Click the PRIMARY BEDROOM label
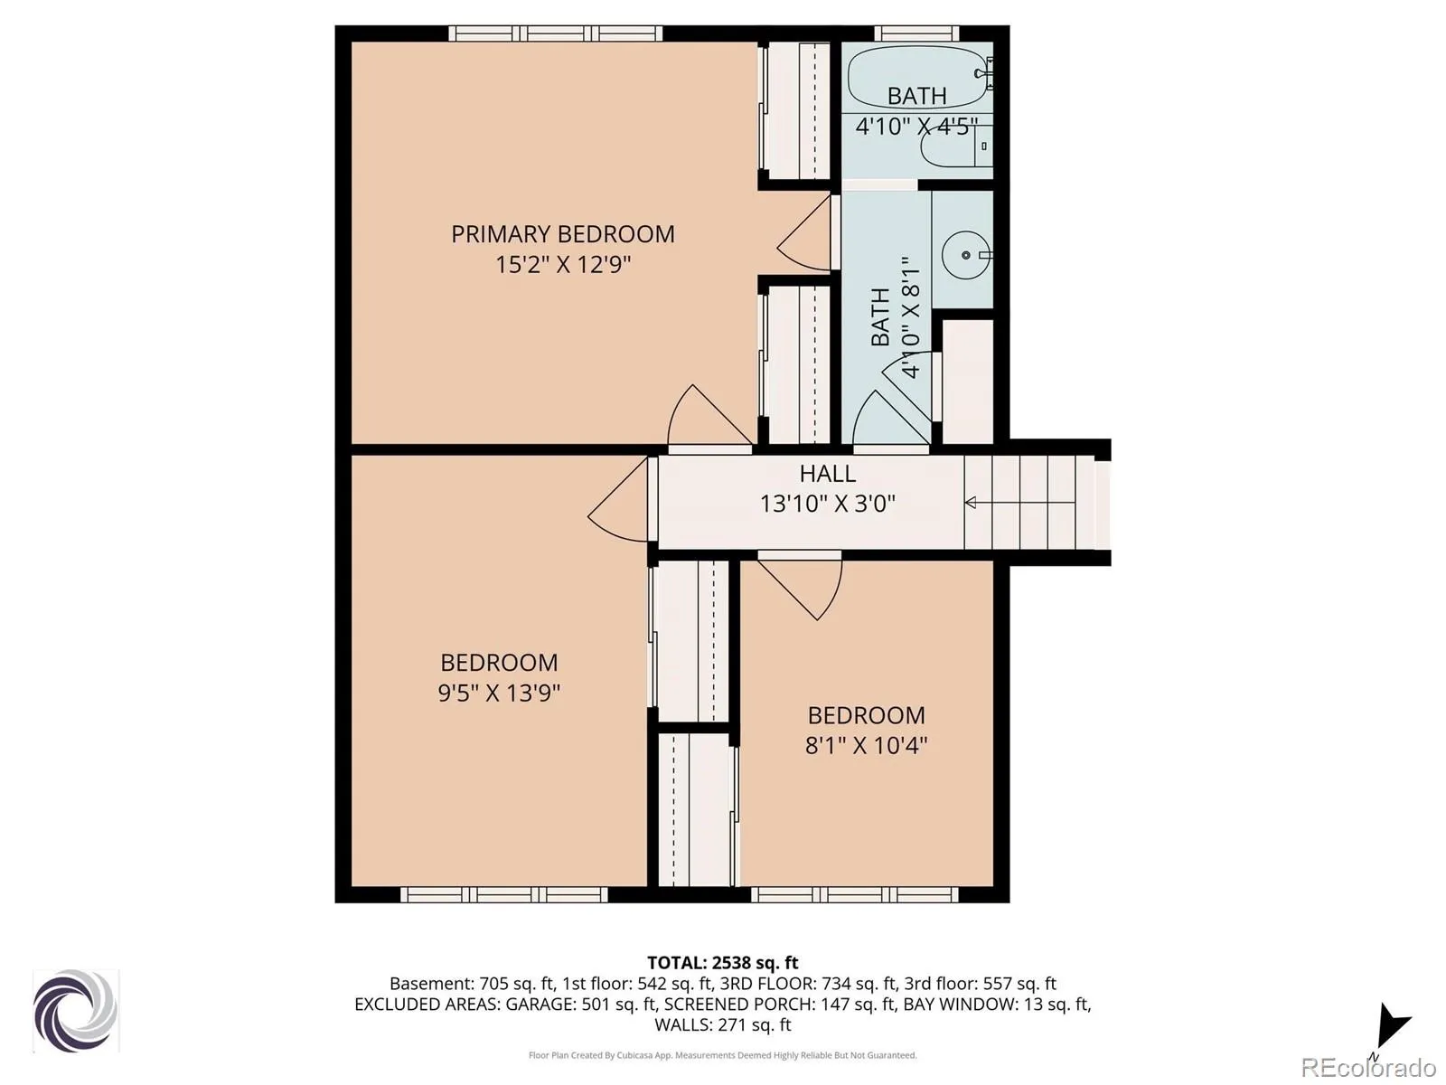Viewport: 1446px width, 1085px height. pyautogui.click(x=563, y=234)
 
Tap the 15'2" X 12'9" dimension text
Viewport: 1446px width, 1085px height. pyautogui.click(x=563, y=265)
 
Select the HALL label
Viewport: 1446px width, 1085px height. pyautogui.click(x=828, y=474)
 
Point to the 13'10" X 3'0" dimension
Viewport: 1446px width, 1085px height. pyautogui.click(x=828, y=504)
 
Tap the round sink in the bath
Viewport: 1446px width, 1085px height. pyautogui.click(x=965, y=255)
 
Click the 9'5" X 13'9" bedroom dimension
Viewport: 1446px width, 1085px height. pyautogui.click(x=499, y=693)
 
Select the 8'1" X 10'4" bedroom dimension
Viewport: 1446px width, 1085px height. pyautogui.click(x=866, y=746)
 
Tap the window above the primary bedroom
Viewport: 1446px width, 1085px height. pyautogui.click(x=555, y=33)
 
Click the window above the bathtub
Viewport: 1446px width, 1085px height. pyautogui.click(x=916, y=33)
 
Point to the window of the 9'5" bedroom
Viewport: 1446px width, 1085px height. pyautogui.click(x=504, y=894)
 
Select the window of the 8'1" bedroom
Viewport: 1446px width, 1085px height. pyautogui.click(x=855, y=894)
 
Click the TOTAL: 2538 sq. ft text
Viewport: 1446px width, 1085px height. pyautogui.click(x=723, y=962)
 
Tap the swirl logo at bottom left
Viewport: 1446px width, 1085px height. pyautogui.click(x=76, y=1011)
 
